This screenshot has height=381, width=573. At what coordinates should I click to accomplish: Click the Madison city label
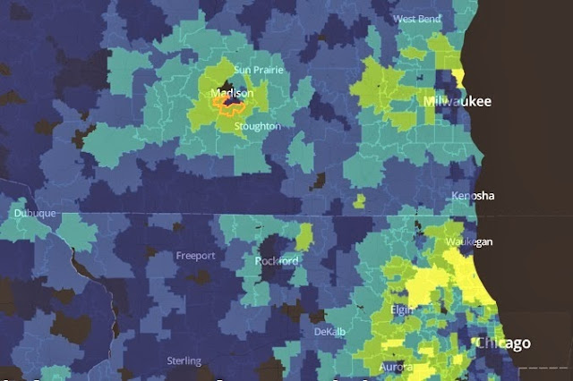(x=232, y=93)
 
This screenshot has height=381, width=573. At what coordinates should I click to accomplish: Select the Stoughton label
(x=257, y=127)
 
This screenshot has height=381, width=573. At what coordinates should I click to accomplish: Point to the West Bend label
(x=416, y=19)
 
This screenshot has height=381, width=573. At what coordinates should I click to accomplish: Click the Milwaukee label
(x=457, y=103)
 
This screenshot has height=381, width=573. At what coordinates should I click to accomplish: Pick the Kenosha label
(x=474, y=196)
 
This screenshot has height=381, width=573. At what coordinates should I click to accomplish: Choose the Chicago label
(x=502, y=343)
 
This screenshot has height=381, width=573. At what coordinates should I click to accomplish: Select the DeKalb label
(x=329, y=332)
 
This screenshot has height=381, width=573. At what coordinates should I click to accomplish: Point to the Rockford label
(x=277, y=261)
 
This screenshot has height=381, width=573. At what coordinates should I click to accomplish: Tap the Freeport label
(x=195, y=256)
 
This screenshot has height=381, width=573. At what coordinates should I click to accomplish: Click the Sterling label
(x=184, y=361)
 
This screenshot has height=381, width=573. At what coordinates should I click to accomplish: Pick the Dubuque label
(x=35, y=214)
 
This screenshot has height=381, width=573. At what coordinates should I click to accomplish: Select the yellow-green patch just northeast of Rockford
(x=304, y=237)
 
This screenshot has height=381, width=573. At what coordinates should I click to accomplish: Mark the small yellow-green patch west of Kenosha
(x=359, y=200)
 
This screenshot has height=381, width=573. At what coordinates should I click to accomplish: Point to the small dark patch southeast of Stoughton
(x=317, y=182)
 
